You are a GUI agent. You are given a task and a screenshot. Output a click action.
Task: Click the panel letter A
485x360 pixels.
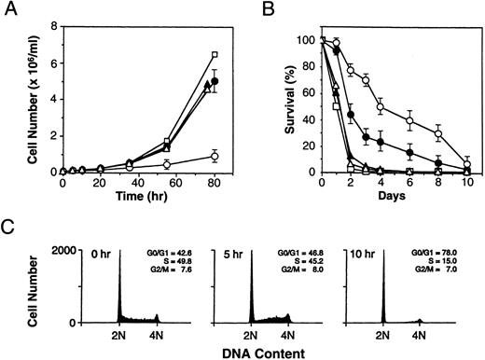coord(8,9)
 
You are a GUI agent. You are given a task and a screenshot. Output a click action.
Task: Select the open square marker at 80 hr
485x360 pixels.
coord(215,55)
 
